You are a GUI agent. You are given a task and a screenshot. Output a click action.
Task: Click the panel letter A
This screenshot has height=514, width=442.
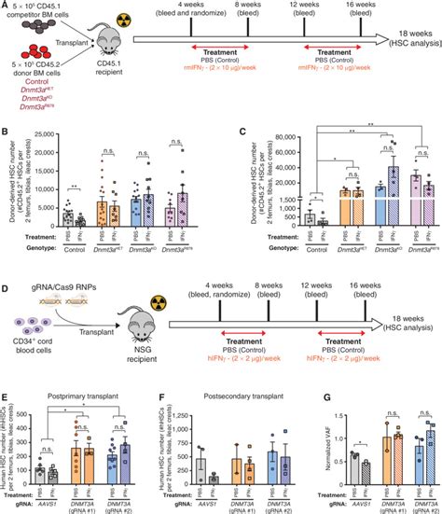coord(6,6)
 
